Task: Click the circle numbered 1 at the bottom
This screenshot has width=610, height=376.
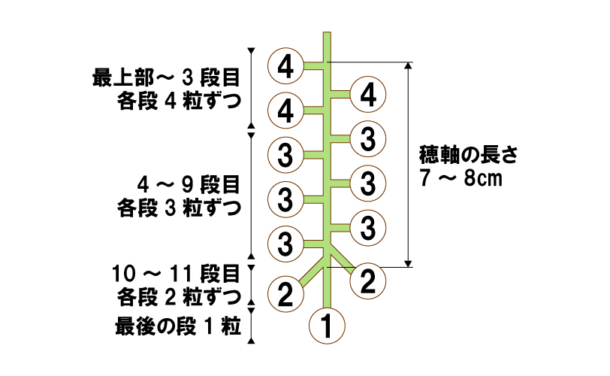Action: (327, 326)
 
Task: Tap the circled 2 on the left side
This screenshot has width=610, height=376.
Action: (285, 293)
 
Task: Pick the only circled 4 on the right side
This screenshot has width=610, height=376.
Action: (368, 95)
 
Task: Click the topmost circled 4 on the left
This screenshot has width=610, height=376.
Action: (285, 66)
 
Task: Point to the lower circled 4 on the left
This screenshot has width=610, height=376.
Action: (285, 111)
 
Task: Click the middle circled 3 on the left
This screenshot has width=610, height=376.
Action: (285, 199)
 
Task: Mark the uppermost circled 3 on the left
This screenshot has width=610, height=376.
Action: (285, 156)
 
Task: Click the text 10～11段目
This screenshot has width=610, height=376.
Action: (177, 271)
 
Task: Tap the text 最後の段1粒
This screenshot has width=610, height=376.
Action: (177, 327)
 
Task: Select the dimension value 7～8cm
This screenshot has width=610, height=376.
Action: (458, 180)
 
